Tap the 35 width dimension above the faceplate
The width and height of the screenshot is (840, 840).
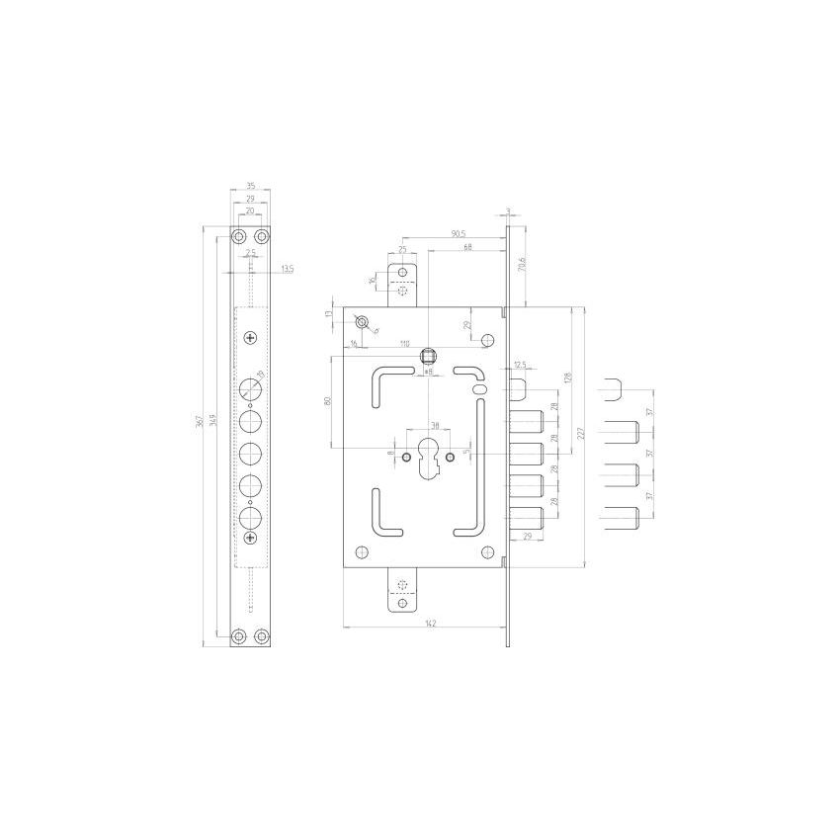pyautogui.click(x=250, y=185)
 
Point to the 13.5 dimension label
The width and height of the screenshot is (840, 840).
pyautogui.click(x=287, y=268)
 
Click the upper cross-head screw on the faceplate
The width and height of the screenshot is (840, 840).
pyautogui.click(x=250, y=338)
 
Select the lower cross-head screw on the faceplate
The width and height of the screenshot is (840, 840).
pyautogui.click(x=250, y=537)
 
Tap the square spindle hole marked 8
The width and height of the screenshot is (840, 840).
pyautogui.click(x=429, y=354)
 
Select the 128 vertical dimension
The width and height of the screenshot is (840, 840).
pyautogui.click(x=568, y=378)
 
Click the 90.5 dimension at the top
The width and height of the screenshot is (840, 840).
pyautogui.click(x=458, y=233)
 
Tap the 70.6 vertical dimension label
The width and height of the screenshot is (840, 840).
pyautogui.click(x=521, y=264)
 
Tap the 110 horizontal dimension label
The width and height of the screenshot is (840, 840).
pyautogui.click(x=404, y=343)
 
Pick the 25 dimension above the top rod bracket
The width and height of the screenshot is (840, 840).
pyautogui.click(x=403, y=249)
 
